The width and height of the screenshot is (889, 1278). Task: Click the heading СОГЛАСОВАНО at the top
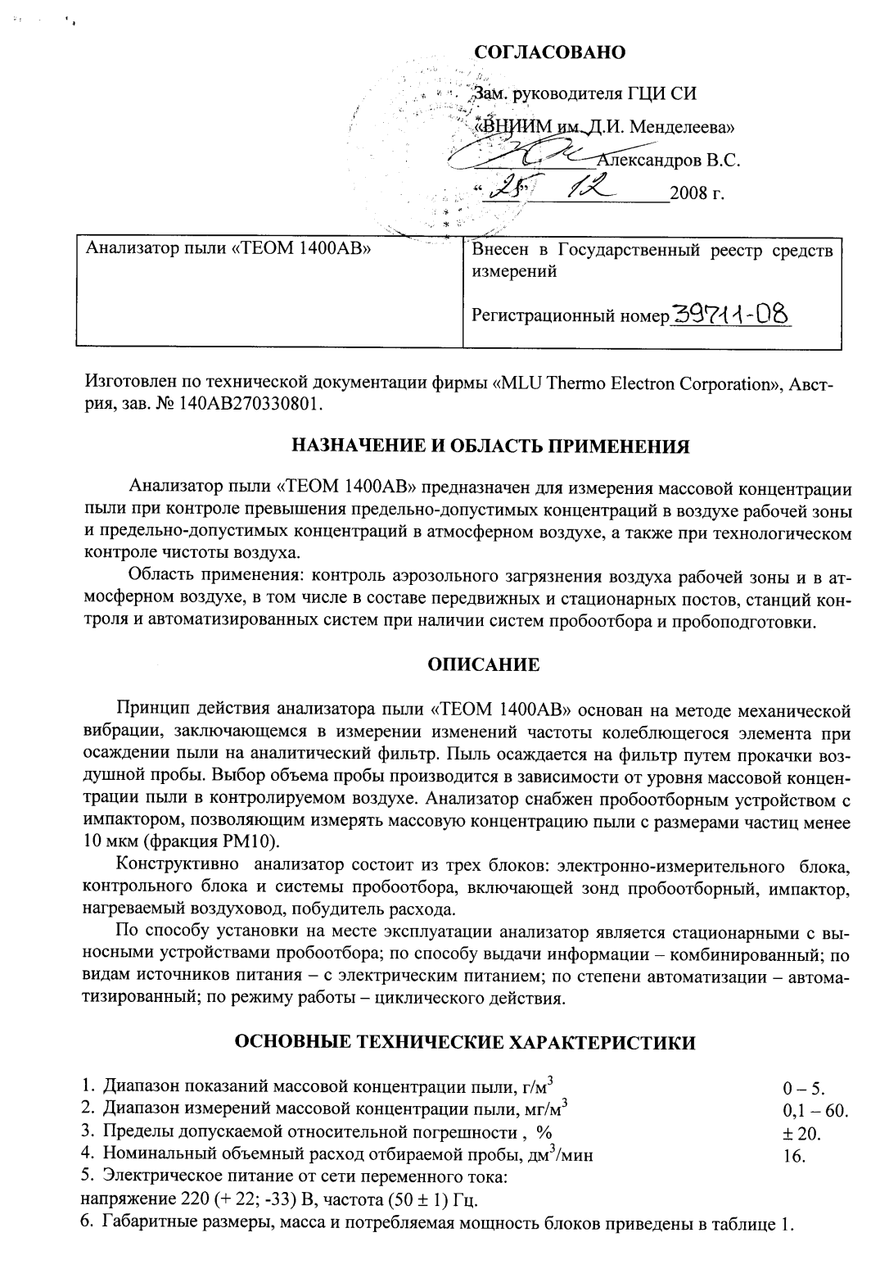(550, 52)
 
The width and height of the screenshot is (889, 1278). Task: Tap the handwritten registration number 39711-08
(731, 314)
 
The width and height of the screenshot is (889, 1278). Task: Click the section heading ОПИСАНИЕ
(485, 665)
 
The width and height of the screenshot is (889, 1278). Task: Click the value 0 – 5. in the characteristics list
(803, 1089)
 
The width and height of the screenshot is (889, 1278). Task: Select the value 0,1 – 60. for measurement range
(815, 1112)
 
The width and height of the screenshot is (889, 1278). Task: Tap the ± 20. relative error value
(801, 1135)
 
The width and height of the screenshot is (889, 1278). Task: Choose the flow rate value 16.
(794, 1158)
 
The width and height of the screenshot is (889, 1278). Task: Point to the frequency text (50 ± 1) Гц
(432, 1202)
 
